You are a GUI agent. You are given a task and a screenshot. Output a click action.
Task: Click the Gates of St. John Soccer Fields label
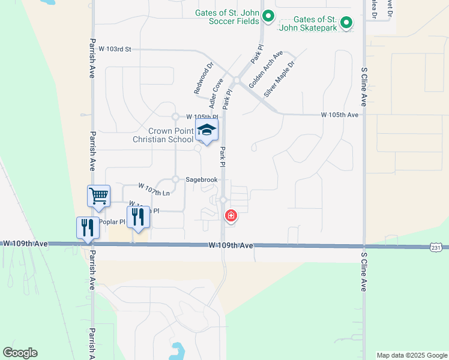coord(227,17)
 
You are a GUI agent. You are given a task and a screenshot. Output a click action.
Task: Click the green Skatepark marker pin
coord(346,23)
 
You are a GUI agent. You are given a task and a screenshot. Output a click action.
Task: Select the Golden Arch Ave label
coord(266,69)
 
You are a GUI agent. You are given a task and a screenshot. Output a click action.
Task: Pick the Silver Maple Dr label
coord(280,79)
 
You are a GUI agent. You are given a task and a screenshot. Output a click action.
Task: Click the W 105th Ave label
coord(339,114)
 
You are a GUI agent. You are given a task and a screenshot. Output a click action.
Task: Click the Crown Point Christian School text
coord(163,135)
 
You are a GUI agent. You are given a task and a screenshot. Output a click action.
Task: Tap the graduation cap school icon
coord(206,130)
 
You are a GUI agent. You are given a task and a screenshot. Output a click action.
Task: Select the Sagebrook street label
coord(201,179)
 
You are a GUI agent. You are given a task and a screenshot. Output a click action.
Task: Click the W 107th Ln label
coord(154,190)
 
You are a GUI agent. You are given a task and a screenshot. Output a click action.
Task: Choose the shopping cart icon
coord(98,196)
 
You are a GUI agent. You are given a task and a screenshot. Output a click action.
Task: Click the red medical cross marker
coord(230,215)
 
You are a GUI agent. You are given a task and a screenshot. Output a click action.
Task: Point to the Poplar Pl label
coord(112,222)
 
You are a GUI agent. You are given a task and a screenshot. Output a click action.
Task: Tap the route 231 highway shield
coord(436,247)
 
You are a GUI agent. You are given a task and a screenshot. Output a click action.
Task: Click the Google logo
coord(20,353)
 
